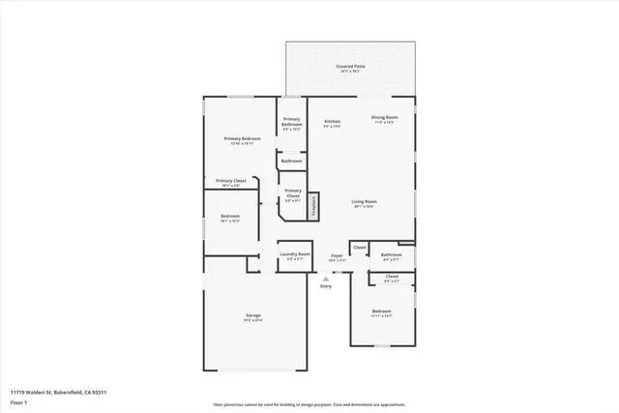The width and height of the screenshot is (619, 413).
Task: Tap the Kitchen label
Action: coord(332,122)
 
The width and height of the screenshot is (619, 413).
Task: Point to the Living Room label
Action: coord(363,201)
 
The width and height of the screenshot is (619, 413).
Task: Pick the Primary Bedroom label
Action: coord(243,139)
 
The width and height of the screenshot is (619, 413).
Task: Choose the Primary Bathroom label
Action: coord(291,122)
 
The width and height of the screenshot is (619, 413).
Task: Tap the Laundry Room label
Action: coord(294,255)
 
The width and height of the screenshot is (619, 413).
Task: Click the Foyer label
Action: coord(336,256)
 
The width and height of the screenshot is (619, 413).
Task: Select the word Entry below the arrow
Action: coord(325,285)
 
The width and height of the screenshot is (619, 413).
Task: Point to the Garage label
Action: coord(252,316)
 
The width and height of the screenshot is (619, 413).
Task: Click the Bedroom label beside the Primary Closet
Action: coord(229,217)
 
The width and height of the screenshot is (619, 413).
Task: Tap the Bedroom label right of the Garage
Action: coord(381,311)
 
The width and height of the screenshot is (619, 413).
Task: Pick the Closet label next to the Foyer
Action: coord(359,248)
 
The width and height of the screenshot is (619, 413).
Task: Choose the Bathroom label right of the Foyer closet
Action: coord(391,255)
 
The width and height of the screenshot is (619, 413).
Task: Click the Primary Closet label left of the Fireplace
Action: coord(292,192)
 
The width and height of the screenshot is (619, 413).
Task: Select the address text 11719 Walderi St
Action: coord(57,392)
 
